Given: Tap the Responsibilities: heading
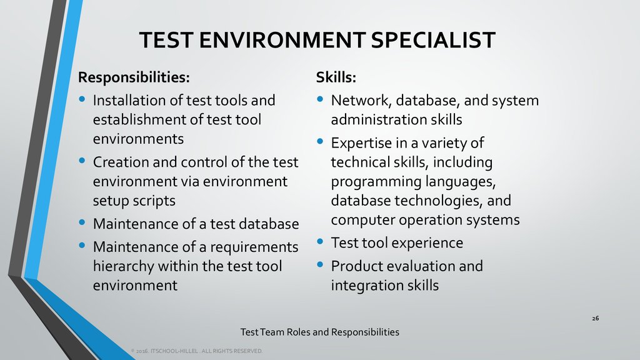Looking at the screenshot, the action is click(x=134, y=77).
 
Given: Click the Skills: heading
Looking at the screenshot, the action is click(x=336, y=77).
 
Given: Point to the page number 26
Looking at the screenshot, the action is click(x=596, y=318).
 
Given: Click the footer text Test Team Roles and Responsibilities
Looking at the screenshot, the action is click(x=319, y=332).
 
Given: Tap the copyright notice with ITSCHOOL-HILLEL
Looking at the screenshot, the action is click(x=197, y=351).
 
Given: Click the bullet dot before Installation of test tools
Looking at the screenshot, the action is click(x=82, y=99).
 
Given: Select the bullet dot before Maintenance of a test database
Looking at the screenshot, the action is click(x=82, y=222).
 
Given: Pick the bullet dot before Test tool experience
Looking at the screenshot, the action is click(x=320, y=241).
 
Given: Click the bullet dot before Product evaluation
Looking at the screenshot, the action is click(x=320, y=264).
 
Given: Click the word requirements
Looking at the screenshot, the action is click(x=254, y=247).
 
